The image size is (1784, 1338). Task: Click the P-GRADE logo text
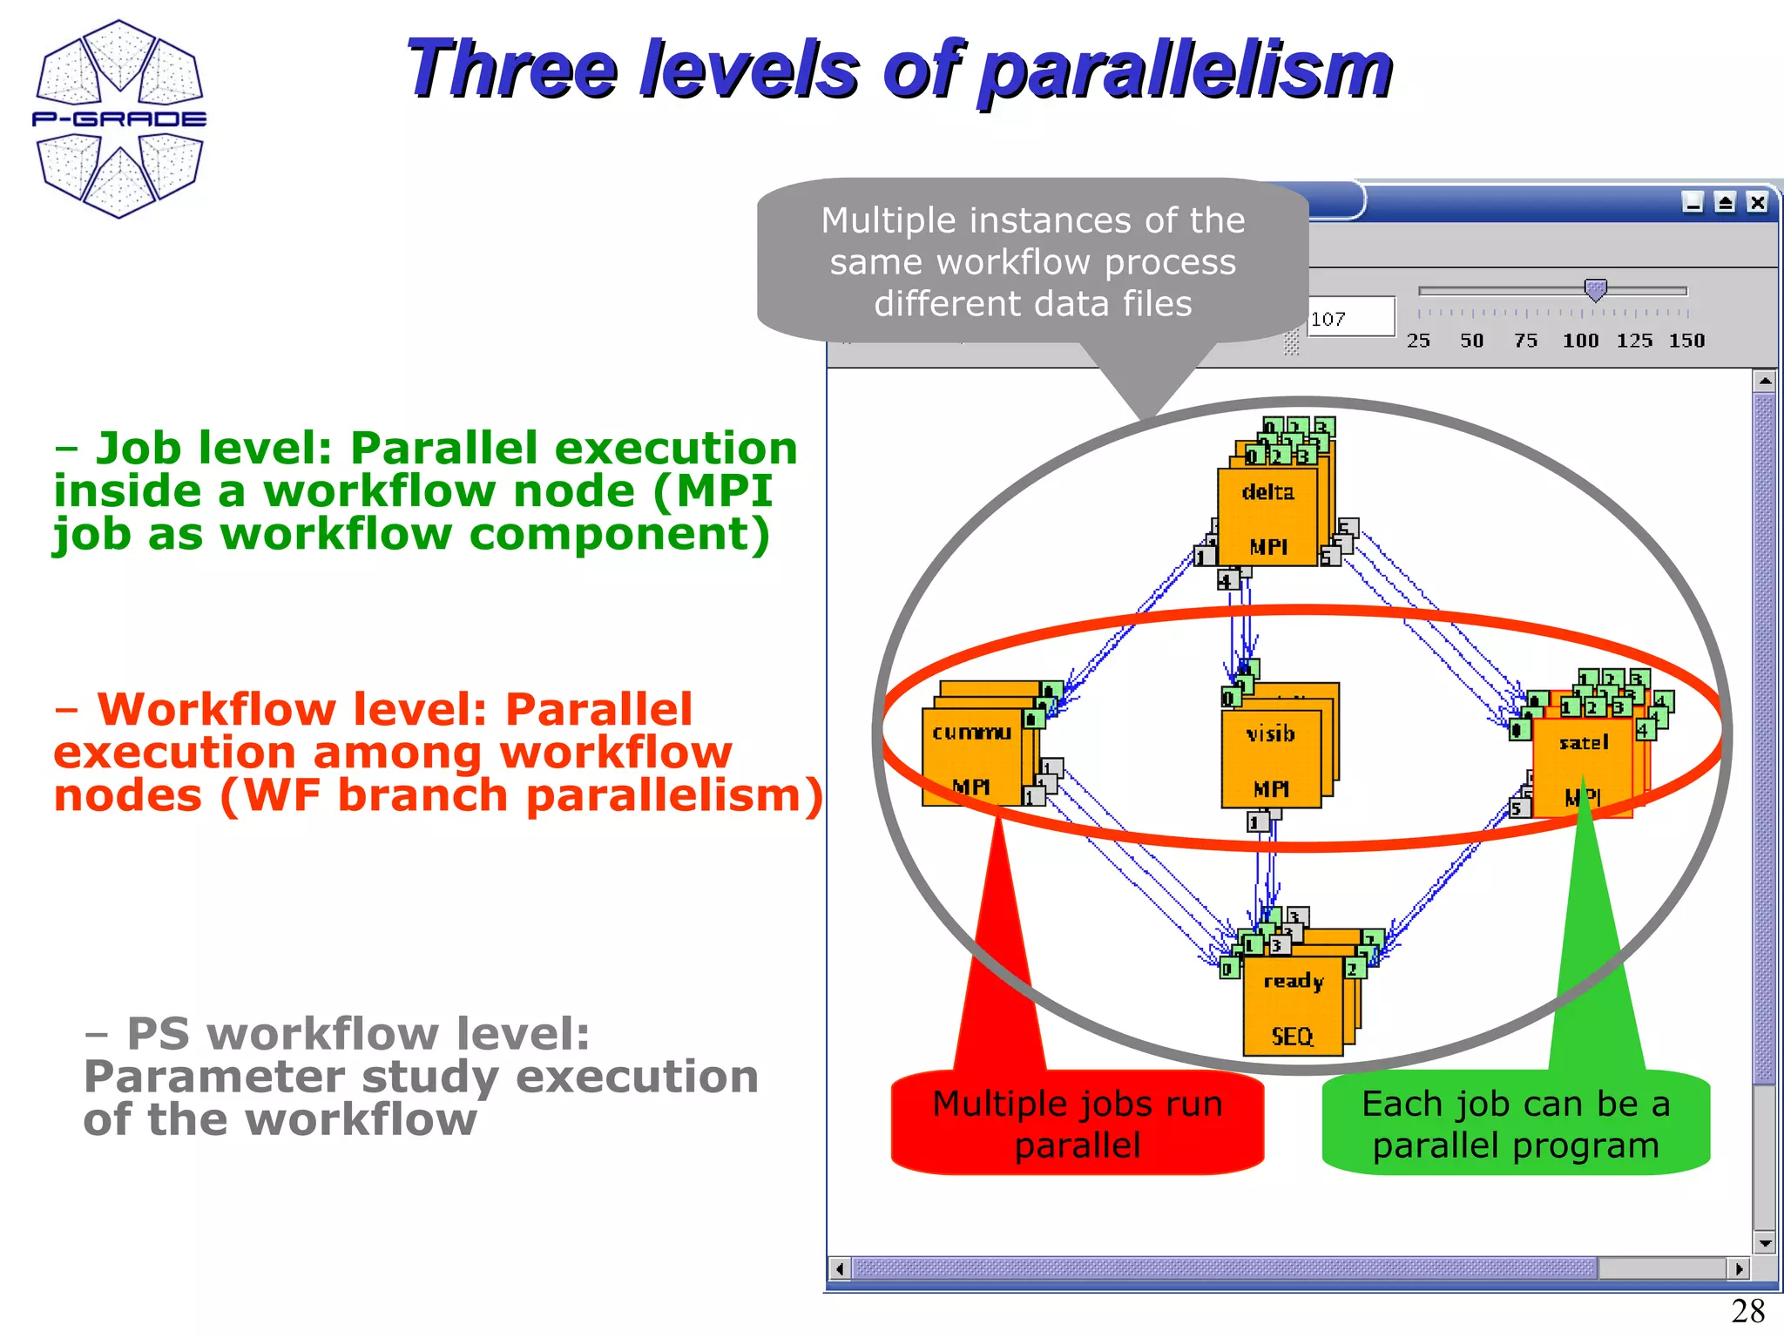[119, 119]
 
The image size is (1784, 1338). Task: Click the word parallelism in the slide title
[1185, 71]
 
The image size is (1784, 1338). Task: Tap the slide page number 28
[1747, 1311]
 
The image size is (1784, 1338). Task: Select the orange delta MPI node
[1267, 518]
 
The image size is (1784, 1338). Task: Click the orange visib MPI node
[1271, 760]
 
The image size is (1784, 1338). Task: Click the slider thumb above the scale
[1595, 290]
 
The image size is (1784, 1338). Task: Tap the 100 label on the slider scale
[1580, 341]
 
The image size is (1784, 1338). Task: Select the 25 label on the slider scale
[1418, 341]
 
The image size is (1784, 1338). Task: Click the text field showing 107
[1350, 318]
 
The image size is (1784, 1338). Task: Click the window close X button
[1758, 203]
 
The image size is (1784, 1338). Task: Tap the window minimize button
[1693, 203]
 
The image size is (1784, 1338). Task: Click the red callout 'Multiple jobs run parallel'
[1078, 1124]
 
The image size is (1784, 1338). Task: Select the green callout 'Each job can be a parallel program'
[1516, 1124]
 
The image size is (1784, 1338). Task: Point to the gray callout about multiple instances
[1032, 261]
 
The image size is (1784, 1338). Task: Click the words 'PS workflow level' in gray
[357, 1035]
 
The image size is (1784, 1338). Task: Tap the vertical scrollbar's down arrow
[1765, 1244]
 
